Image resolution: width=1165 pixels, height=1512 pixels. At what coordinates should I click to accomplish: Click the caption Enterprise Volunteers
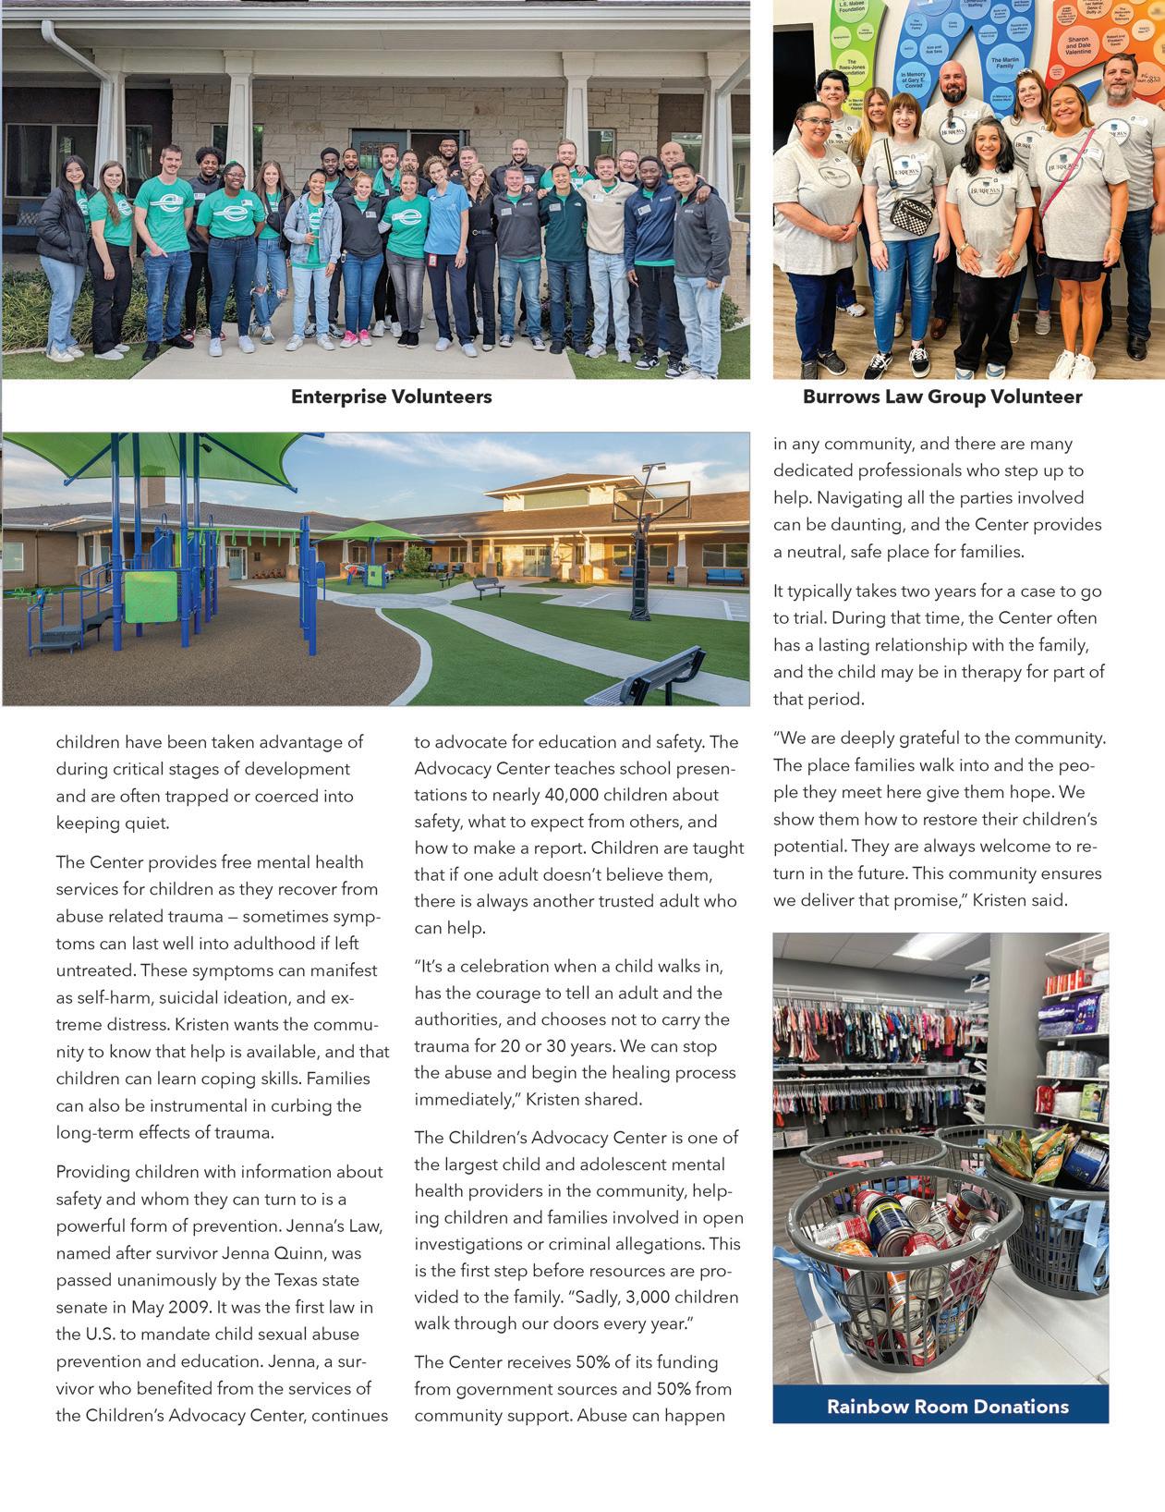tap(391, 397)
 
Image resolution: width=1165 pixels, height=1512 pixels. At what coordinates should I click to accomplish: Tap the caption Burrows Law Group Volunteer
tap(941, 397)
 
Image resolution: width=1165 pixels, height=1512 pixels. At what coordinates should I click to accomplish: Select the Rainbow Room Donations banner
tap(947, 1407)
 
